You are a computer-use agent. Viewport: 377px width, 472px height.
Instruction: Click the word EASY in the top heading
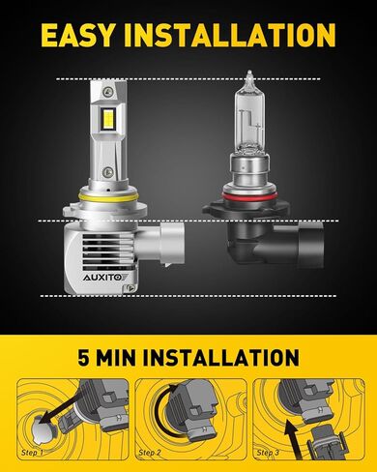[x=77, y=35]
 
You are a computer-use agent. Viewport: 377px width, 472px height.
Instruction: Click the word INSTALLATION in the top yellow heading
[x=230, y=35]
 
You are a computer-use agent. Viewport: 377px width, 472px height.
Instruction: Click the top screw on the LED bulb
[x=106, y=91]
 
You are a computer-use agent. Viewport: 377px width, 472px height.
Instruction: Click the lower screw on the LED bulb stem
[x=106, y=172]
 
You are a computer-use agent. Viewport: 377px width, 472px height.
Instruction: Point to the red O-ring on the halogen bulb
[x=249, y=195]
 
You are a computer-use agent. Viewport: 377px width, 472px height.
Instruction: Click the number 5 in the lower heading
[x=84, y=357]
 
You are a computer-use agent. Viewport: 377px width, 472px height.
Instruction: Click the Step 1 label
[x=32, y=453]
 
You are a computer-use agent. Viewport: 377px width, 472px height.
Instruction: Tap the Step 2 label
[x=150, y=453]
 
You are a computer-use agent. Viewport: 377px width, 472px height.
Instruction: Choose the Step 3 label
[x=268, y=453]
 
